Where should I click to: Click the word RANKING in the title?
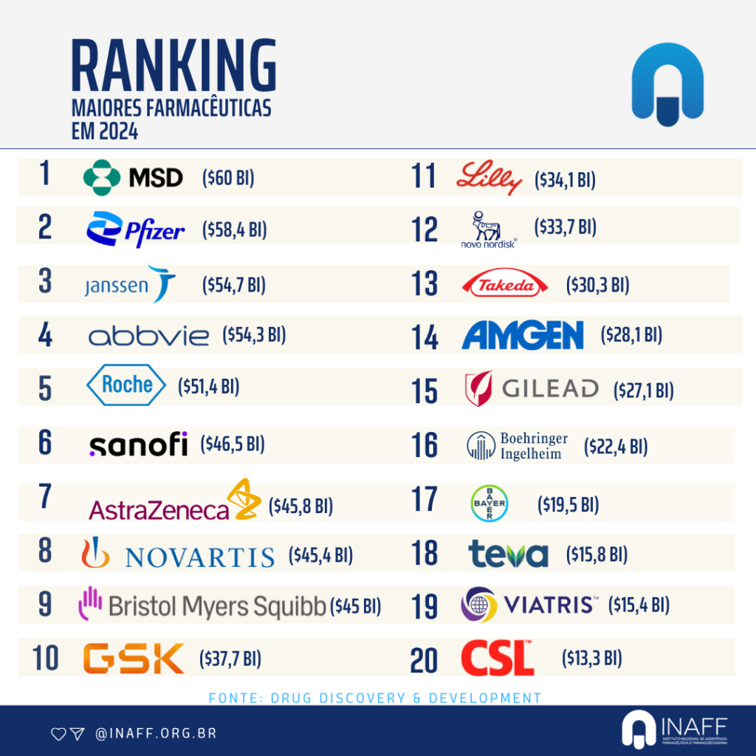point(173,67)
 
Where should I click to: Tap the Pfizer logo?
point(136,230)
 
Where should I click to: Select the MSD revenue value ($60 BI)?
point(228,178)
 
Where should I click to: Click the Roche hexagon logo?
point(127,385)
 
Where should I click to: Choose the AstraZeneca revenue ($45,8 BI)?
point(300,506)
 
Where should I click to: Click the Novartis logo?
point(177,555)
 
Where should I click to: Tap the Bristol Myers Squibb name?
point(217,606)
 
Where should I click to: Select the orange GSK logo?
point(133,658)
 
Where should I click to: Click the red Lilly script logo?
point(489,179)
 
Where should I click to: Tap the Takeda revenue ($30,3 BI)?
point(597,285)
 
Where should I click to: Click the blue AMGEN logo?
point(523,335)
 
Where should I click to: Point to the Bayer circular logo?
point(489,504)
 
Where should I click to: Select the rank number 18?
point(425,554)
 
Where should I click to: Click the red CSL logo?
point(497,658)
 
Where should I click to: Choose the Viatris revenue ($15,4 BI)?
point(639,605)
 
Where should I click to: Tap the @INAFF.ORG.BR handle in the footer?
point(156,734)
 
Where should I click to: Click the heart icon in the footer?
point(58,734)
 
